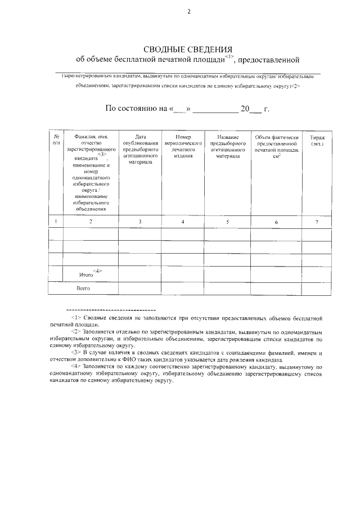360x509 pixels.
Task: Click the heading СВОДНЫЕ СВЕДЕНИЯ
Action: tap(188, 49)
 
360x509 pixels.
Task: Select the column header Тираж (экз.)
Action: tap(317, 141)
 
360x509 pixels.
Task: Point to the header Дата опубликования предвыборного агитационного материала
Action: tap(139, 149)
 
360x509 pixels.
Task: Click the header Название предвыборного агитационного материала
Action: tap(228, 147)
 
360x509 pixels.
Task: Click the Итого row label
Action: tap(86, 274)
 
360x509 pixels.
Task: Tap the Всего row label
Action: tap(83, 288)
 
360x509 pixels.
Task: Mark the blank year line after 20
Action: tap(255, 109)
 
